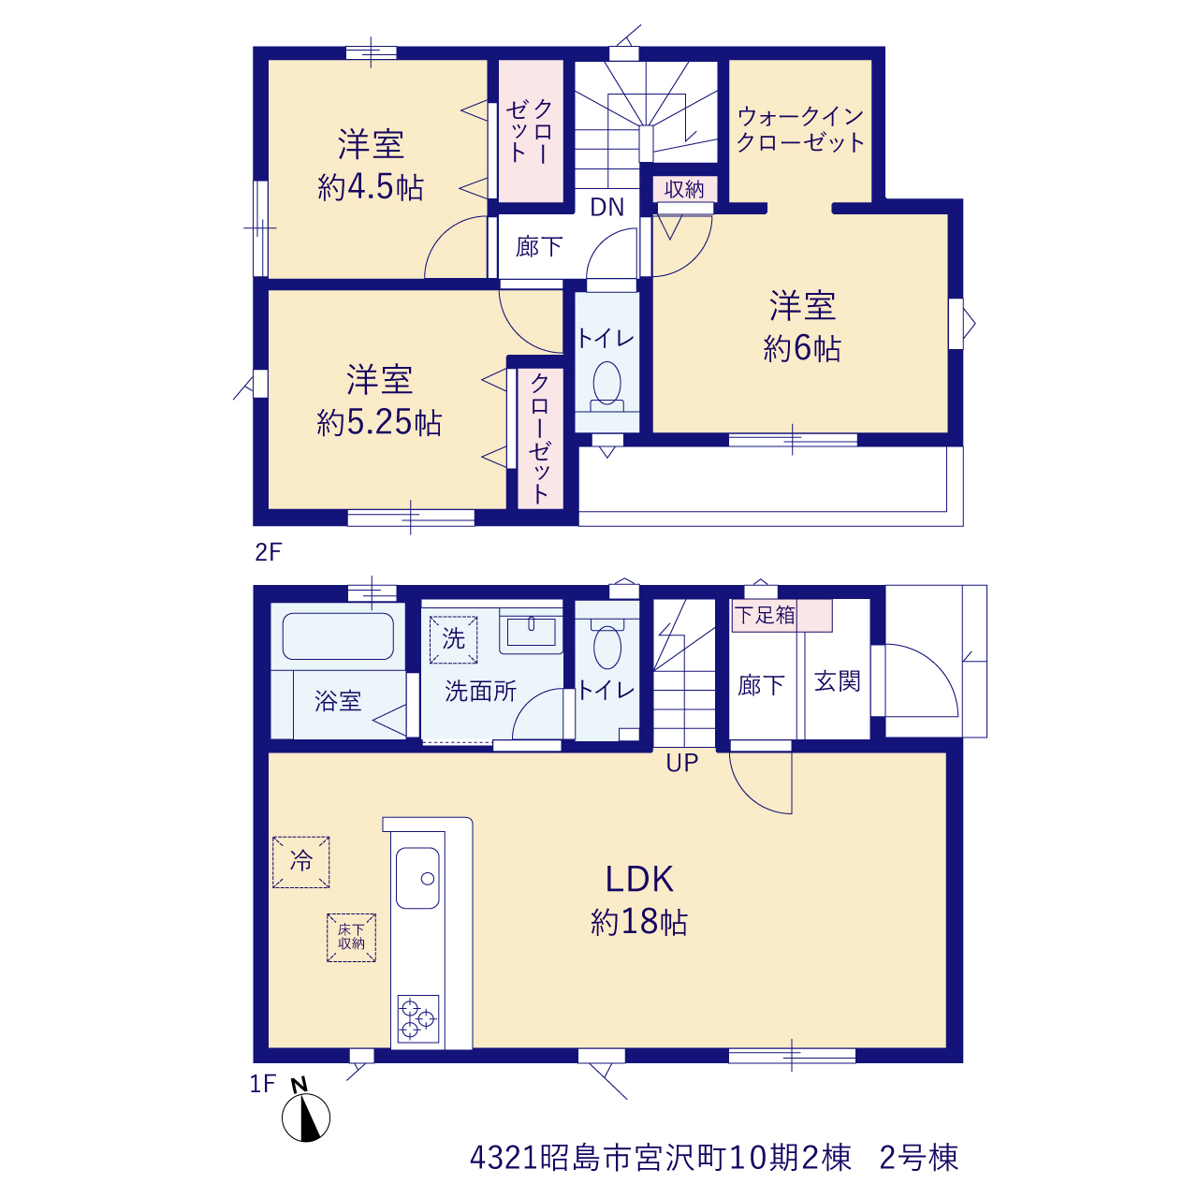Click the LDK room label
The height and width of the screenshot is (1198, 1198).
pyautogui.click(x=638, y=879)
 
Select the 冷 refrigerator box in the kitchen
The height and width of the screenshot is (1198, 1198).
pyautogui.click(x=300, y=862)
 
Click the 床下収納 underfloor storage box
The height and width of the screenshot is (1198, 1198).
pyautogui.click(x=351, y=938)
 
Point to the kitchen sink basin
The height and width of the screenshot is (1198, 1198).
pyautogui.click(x=417, y=878)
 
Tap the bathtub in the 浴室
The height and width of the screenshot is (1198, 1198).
pyautogui.click(x=338, y=636)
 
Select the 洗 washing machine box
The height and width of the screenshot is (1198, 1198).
pyautogui.click(x=453, y=640)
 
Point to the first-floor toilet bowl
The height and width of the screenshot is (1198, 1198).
pyautogui.click(x=606, y=647)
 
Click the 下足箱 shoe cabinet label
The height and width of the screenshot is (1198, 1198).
pyautogui.click(x=765, y=615)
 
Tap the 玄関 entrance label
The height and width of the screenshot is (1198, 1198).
pyautogui.click(x=838, y=681)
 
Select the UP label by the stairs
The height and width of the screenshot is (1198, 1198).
pyautogui.click(x=682, y=763)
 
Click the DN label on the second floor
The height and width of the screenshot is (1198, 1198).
pyautogui.click(x=606, y=208)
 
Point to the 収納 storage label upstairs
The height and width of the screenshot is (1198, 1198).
pyautogui.click(x=684, y=189)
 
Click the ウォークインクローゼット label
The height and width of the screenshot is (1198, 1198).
pyautogui.click(x=801, y=129)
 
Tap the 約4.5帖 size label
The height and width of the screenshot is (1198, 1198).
pyautogui.click(x=371, y=187)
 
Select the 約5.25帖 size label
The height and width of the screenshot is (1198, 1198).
pyautogui.click(x=379, y=423)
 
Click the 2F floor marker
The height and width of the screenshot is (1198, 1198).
pyautogui.click(x=269, y=552)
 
